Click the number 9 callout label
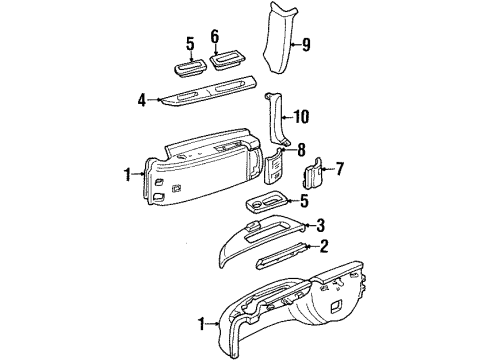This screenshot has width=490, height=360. (307, 43)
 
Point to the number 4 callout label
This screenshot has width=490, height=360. (143, 99)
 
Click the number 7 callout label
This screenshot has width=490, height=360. (340, 169)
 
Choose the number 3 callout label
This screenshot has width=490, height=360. (321, 225)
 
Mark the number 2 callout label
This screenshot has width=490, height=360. (322, 245)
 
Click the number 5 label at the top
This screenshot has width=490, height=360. (190, 43)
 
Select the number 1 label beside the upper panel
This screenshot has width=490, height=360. (128, 174)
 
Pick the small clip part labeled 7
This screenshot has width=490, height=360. (311, 174)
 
